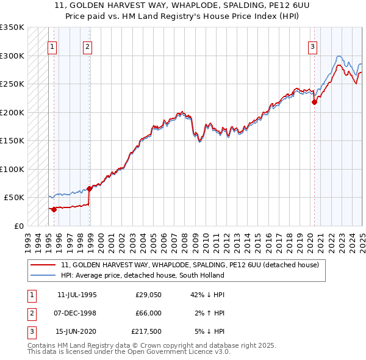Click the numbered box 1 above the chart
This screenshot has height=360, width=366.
tap(52, 46)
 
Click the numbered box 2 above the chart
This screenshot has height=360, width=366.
tap(88, 46)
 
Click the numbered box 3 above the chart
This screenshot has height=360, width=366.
tap(312, 46)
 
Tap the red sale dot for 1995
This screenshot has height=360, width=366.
tap(54, 209)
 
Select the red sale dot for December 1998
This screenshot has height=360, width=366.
tap(89, 189)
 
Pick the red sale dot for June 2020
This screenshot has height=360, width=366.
tap(315, 103)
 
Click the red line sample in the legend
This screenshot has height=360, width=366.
tap(44, 265)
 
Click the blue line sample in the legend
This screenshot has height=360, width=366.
tap(44, 275)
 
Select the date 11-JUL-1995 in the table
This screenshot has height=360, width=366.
tap(77, 295)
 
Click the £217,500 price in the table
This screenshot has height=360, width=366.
tap(146, 331)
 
